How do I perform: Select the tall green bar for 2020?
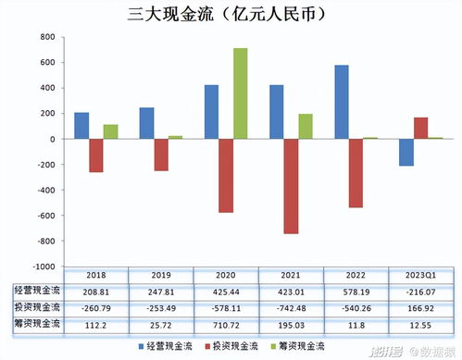click(x=240, y=93)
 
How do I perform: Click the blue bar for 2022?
click(x=342, y=103)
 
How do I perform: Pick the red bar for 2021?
click(x=291, y=186)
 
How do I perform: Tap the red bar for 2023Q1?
click(x=420, y=129)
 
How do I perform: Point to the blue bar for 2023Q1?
click(x=406, y=153)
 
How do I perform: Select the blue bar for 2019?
click(x=146, y=123)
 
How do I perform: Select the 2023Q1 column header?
click(x=421, y=275)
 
